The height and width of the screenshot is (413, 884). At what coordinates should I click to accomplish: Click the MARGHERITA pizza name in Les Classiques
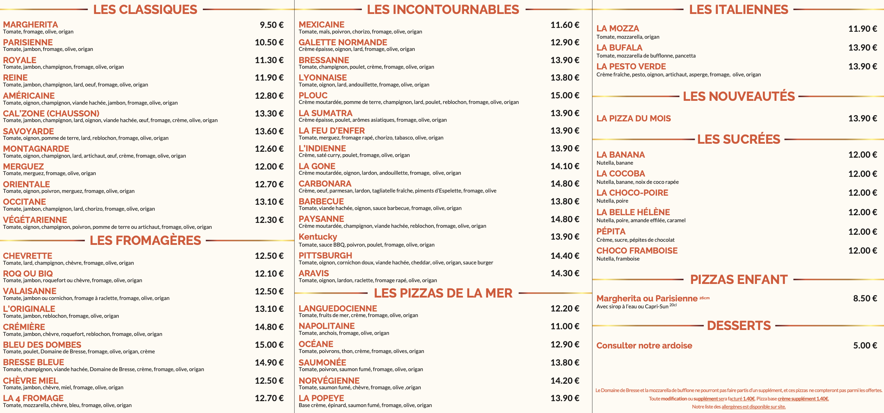coord(30,25)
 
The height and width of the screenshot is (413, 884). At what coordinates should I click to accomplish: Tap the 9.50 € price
coord(271,25)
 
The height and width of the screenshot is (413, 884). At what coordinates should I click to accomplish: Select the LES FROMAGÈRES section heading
coord(145,240)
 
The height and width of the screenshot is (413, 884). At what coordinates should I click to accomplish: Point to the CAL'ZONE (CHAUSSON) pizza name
coord(51,113)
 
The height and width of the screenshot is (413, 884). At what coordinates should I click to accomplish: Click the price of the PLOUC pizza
coord(565,96)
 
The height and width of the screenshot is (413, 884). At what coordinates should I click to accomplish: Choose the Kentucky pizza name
coord(318,237)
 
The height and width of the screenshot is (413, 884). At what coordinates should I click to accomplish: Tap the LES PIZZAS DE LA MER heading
coord(443,293)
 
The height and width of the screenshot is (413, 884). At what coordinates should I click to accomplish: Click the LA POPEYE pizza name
coord(321,398)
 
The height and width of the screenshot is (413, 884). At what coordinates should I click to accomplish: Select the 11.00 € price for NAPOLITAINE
coord(565,326)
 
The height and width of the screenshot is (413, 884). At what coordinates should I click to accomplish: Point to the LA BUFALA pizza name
coord(619,47)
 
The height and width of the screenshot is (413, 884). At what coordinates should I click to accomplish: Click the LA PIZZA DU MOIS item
coord(633,119)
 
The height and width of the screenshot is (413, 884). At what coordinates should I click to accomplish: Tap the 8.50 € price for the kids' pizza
coord(865,299)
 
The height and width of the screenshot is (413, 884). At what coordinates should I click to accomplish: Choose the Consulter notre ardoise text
coord(644,346)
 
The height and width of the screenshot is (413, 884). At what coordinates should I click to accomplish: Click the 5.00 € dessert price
coord(865,346)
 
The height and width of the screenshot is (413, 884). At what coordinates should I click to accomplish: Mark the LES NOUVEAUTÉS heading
coord(739,96)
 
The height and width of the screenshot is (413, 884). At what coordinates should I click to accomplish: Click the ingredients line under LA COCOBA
coord(638,182)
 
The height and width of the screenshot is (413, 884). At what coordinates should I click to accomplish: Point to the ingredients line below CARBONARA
coord(397,191)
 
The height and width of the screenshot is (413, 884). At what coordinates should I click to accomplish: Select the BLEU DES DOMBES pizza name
coord(42,345)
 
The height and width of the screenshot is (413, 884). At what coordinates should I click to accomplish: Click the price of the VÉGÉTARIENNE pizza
coord(269,220)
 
